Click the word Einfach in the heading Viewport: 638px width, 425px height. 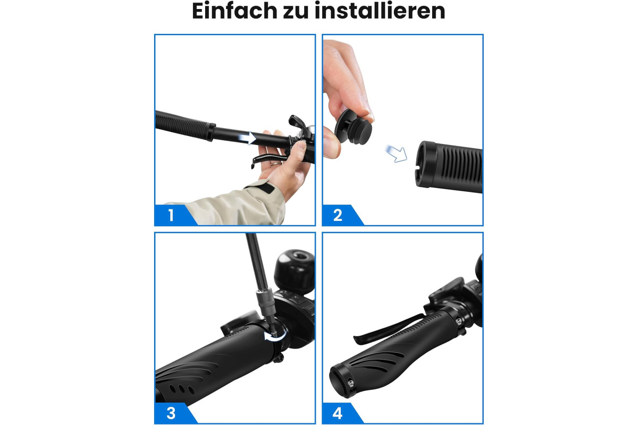[234, 11]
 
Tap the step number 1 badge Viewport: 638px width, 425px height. [171, 215]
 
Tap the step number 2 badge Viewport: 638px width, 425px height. [338, 215]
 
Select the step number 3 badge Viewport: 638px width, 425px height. [171, 413]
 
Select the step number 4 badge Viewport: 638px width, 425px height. [338, 413]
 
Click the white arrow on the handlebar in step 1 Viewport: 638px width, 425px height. [247, 138]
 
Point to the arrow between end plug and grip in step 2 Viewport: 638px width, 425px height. [397, 154]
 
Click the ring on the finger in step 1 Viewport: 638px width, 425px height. [276, 164]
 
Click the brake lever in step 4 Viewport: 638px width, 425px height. [388, 329]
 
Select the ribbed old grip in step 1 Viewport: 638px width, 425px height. [185, 125]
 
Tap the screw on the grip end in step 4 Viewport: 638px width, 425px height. [351, 383]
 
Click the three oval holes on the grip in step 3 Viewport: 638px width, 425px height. [181, 389]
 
